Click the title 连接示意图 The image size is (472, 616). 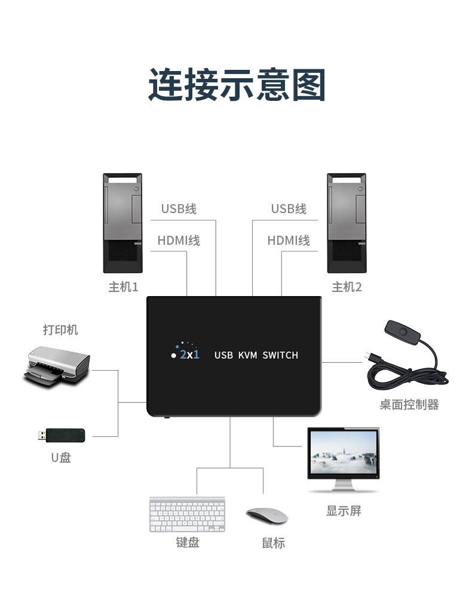[237, 85]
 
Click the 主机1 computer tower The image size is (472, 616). [122, 223]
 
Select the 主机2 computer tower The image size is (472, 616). [347, 223]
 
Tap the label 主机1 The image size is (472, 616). [123, 287]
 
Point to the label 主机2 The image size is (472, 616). [347, 287]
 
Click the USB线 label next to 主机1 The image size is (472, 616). [179, 209]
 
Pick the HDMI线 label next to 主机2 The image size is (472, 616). [289, 241]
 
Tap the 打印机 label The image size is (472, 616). [60, 330]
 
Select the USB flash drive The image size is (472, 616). [61, 435]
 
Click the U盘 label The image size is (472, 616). [61, 458]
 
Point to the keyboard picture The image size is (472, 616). [187, 514]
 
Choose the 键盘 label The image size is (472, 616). [188, 543]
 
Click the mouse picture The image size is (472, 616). [267, 516]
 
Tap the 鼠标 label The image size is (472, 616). [274, 543]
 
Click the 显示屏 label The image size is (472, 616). [344, 511]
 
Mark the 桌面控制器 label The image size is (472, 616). [409, 405]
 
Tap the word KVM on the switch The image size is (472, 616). [247, 355]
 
